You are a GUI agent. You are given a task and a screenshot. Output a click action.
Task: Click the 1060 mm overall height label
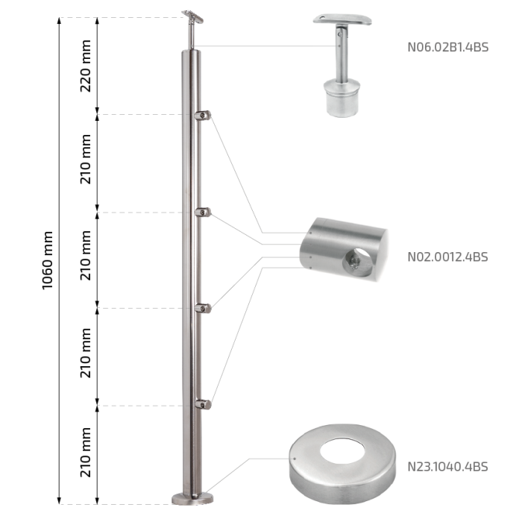(x=48, y=260)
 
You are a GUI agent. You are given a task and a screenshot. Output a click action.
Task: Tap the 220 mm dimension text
(x=86, y=66)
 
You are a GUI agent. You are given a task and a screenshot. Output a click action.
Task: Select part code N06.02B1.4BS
(x=447, y=47)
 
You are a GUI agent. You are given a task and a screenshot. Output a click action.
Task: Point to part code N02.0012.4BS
(x=447, y=257)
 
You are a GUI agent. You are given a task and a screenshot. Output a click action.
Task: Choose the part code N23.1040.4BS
(x=447, y=466)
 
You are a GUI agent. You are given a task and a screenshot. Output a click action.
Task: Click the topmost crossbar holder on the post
(x=203, y=116)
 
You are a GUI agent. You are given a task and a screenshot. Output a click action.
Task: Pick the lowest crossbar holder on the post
(x=203, y=404)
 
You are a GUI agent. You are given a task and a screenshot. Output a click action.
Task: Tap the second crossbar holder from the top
(x=203, y=212)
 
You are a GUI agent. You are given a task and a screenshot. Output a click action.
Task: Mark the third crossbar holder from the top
(x=203, y=308)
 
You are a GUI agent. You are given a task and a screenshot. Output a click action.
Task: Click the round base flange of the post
(x=192, y=499)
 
